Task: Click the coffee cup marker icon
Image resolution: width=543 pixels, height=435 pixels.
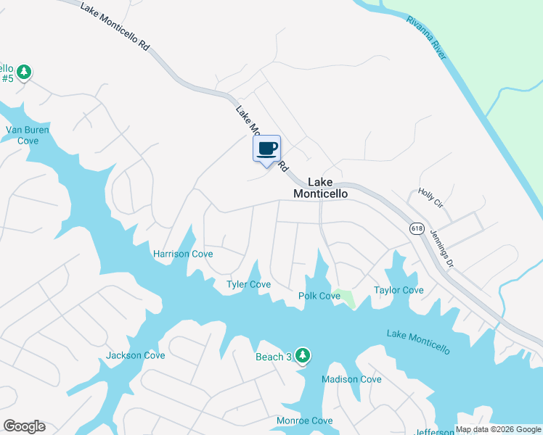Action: click(266, 149)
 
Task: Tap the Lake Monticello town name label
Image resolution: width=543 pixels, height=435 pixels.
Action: click(320, 188)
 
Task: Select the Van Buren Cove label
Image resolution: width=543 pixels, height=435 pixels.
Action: click(22, 135)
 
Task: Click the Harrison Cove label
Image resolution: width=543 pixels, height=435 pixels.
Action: click(183, 254)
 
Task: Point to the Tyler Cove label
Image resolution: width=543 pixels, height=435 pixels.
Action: click(249, 284)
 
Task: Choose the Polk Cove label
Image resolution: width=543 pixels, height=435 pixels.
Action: click(319, 296)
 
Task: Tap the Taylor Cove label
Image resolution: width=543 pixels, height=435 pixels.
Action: click(399, 290)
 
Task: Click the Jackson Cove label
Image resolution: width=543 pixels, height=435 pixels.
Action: click(136, 355)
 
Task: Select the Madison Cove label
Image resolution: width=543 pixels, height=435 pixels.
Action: click(351, 379)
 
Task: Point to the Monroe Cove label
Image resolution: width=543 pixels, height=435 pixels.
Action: click(305, 420)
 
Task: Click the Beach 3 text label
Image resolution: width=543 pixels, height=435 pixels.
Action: click(273, 357)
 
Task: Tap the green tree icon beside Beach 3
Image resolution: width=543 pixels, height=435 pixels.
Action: click(303, 355)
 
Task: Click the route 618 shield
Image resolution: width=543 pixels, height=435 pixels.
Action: click(416, 228)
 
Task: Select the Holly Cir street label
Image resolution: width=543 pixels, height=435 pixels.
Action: click(430, 198)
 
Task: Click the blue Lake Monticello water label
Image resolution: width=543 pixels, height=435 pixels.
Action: click(418, 342)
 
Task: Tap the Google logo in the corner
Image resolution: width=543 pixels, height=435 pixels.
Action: click(24, 426)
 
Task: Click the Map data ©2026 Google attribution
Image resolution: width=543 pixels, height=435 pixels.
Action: click(499, 429)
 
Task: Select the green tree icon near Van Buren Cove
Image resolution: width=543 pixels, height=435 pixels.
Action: click(25, 71)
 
